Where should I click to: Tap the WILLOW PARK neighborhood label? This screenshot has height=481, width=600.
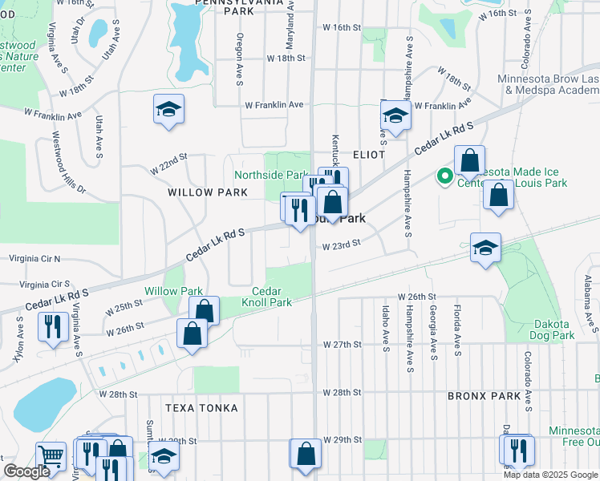(x=202, y=193)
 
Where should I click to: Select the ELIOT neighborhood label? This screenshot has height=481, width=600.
(x=367, y=154)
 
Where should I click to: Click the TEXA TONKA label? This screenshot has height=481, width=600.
(x=201, y=408)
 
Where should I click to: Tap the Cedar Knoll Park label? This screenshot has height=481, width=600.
(x=272, y=297)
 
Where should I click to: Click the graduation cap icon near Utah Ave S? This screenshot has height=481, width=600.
(x=169, y=110)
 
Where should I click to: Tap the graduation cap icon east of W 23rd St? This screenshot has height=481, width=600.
(x=485, y=248)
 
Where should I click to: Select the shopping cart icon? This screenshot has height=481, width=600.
(x=51, y=456)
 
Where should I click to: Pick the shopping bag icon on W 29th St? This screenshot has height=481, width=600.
(x=306, y=454)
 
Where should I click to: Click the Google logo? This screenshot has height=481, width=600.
(x=26, y=471)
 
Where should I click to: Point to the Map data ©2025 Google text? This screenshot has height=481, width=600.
(x=549, y=475)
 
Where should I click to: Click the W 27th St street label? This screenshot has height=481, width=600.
(x=343, y=344)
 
